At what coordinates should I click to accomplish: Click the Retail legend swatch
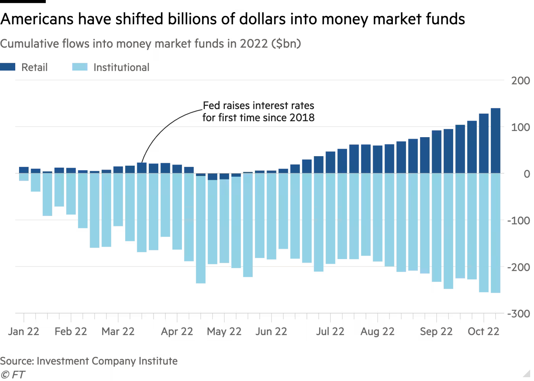tap(8, 67)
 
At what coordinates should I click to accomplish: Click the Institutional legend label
tap(121, 67)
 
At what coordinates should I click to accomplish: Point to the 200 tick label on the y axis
tap(521, 81)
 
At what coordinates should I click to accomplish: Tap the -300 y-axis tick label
tap(518, 314)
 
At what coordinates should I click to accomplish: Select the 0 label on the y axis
tap(527, 174)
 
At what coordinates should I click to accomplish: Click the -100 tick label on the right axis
tap(518, 220)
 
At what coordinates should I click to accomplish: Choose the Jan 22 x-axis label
tap(24, 331)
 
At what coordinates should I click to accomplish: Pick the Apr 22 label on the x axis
tap(177, 331)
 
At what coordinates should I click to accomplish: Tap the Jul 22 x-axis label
tap(330, 331)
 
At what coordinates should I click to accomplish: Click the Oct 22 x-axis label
tap(483, 331)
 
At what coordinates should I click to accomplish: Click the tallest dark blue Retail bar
tap(495, 141)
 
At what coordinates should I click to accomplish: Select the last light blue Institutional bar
tap(495, 233)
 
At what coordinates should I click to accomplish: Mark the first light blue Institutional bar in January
tap(24, 177)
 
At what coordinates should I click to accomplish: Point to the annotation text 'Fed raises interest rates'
tap(258, 106)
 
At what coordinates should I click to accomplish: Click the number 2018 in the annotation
tap(302, 117)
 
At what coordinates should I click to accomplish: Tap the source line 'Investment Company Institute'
tap(107, 361)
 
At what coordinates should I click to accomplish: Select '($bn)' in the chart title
tap(286, 44)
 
